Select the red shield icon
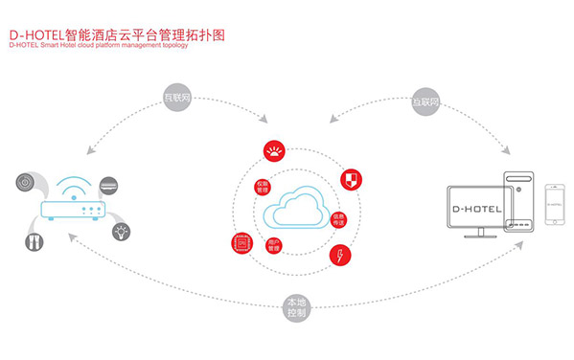click(353, 178)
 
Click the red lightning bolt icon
click(340, 255)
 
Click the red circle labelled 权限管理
click(263, 186)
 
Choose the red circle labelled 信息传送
click(338, 219)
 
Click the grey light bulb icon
click(123, 233)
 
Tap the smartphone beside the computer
click(553, 205)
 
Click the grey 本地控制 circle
click(297, 307)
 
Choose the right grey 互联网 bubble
click(425, 99)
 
